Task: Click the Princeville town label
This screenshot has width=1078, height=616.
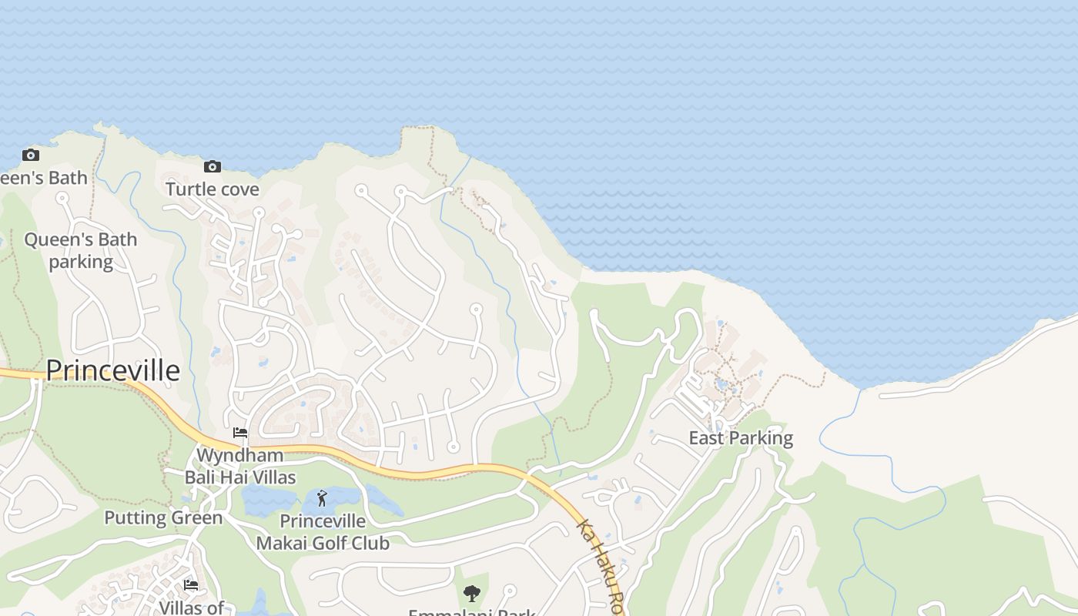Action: pyautogui.click(x=113, y=370)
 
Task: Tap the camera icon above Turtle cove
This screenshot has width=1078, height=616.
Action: pyautogui.click(x=213, y=166)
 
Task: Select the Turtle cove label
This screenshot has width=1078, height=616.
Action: pyautogui.click(x=213, y=189)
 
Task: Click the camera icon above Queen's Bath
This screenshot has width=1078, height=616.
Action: pyautogui.click(x=31, y=155)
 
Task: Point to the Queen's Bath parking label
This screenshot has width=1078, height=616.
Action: pyautogui.click(x=81, y=250)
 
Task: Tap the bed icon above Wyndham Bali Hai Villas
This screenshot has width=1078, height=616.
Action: pyautogui.click(x=240, y=433)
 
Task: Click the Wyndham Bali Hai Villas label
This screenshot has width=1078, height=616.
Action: pyautogui.click(x=240, y=466)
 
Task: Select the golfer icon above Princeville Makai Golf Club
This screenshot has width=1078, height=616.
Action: pyautogui.click(x=322, y=498)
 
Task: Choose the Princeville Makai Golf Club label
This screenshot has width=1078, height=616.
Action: pyautogui.click(x=323, y=532)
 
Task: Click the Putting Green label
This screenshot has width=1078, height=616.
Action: pyautogui.click(x=163, y=517)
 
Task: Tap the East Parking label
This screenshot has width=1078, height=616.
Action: pyautogui.click(x=741, y=438)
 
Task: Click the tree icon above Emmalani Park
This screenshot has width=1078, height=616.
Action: pyautogui.click(x=472, y=594)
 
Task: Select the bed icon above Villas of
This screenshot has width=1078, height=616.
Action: pyautogui.click(x=191, y=585)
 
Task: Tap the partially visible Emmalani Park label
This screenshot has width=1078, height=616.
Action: pyautogui.click(x=472, y=612)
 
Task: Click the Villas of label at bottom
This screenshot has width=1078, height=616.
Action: pyautogui.click(x=191, y=608)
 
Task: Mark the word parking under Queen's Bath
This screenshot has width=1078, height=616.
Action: pyautogui.click(x=81, y=262)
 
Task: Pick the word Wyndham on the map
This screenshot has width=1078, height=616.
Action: pyautogui.click(x=240, y=455)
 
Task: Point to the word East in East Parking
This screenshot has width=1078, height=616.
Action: pyautogui.click(x=706, y=438)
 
